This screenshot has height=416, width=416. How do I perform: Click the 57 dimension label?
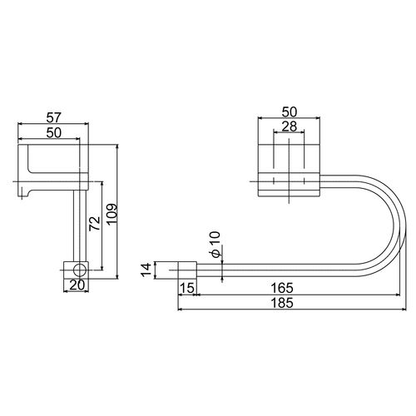(x=53, y=117)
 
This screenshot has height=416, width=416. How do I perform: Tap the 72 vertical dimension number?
(x=95, y=224)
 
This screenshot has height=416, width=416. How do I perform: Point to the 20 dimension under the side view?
(x=77, y=285)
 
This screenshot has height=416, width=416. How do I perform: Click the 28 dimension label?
(x=289, y=126)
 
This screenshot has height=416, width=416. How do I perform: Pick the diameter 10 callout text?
(x=215, y=244)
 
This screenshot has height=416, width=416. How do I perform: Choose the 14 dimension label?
(x=146, y=270)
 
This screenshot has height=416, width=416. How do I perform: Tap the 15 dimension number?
(x=187, y=288)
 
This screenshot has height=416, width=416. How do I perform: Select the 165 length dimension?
(x=282, y=288)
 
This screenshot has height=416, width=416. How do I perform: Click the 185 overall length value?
(x=282, y=303)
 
